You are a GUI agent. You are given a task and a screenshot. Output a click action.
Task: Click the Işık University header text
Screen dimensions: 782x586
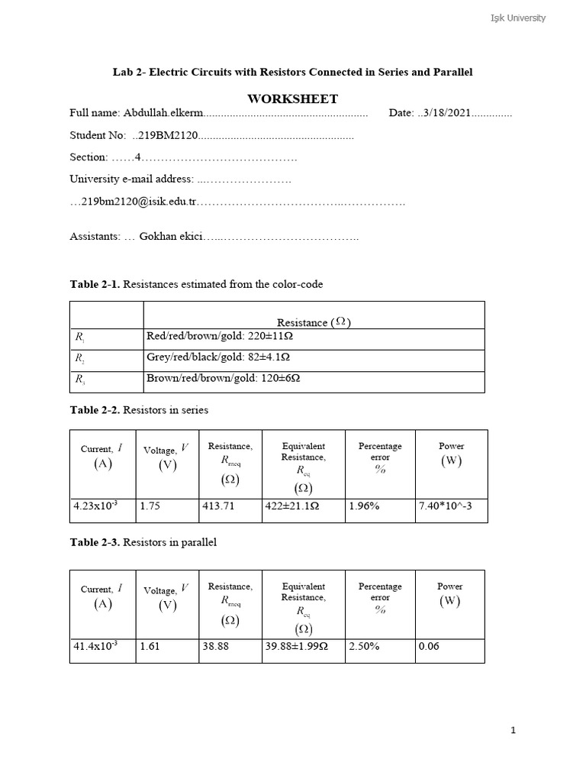coord(517,18)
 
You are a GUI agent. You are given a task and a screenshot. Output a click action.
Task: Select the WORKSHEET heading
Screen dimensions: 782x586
coord(292,99)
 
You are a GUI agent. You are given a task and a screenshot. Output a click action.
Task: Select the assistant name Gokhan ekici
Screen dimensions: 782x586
coord(171,237)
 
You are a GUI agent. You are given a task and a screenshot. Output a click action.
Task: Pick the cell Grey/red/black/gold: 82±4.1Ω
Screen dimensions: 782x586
coord(218,357)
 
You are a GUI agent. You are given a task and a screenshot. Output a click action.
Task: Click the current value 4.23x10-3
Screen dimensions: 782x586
coord(95,506)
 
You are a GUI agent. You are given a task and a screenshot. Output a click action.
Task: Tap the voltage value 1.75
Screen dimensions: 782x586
coord(150,506)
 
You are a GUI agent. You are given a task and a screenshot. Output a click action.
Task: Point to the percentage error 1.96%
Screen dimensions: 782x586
coord(364,506)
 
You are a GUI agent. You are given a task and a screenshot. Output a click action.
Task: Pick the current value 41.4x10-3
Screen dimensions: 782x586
coord(95,646)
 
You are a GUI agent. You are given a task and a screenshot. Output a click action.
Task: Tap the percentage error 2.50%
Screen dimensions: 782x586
coord(364,646)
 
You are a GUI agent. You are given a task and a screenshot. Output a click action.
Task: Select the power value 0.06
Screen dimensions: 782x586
coord(429,646)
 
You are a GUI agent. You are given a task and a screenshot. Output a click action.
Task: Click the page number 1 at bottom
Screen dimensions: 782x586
coord(514,731)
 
